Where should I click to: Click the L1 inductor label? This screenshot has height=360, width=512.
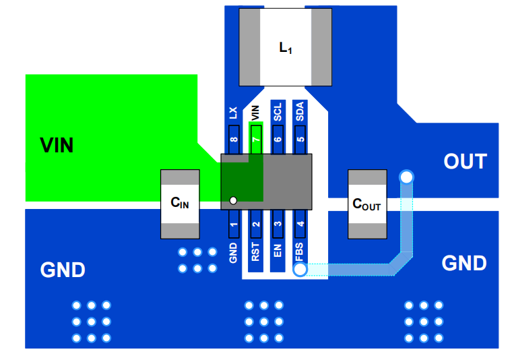pyautogui.click(x=285, y=49)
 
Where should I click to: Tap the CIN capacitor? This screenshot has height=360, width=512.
pyautogui.click(x=180, y=204)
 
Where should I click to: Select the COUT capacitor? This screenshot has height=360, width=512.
pyautogui.click(x=367, y=204)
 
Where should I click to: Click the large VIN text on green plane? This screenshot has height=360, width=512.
pyautogui.click(x=57, y=145)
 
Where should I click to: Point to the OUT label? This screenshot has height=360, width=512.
pyautogui.click(x=465, y=162)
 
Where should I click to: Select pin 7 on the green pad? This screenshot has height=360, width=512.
pyautogui.click(x=255, y=140)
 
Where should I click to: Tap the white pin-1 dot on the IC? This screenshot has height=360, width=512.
pyautogui.click(x=233, y=200)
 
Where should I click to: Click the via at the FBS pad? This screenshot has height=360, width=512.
pyautogui.click(x=300, y=269)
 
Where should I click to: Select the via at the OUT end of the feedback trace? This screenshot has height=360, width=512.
pyautogui.click(x=406, y=177)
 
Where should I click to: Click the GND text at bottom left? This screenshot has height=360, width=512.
pyautogui.click(x=63, y=270)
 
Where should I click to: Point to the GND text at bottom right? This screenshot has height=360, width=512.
pyautogui.click(x=464, y=263)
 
